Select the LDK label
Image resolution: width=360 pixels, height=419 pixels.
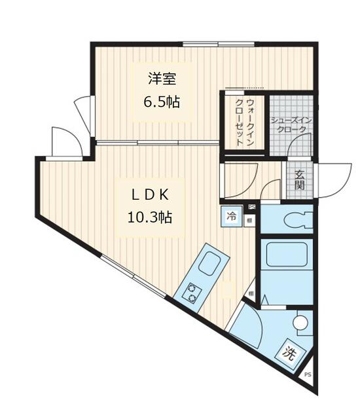[x=149, y=194]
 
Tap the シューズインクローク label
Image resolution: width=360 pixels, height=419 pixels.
[x=289, y=125]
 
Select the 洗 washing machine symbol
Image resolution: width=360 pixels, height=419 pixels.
[x=290, y=352]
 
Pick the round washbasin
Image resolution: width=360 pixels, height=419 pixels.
[x=300, y=323]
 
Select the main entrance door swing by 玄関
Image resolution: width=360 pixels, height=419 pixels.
[x=329, y=180]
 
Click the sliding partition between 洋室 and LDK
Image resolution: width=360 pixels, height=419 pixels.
[x=157, y=142]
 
